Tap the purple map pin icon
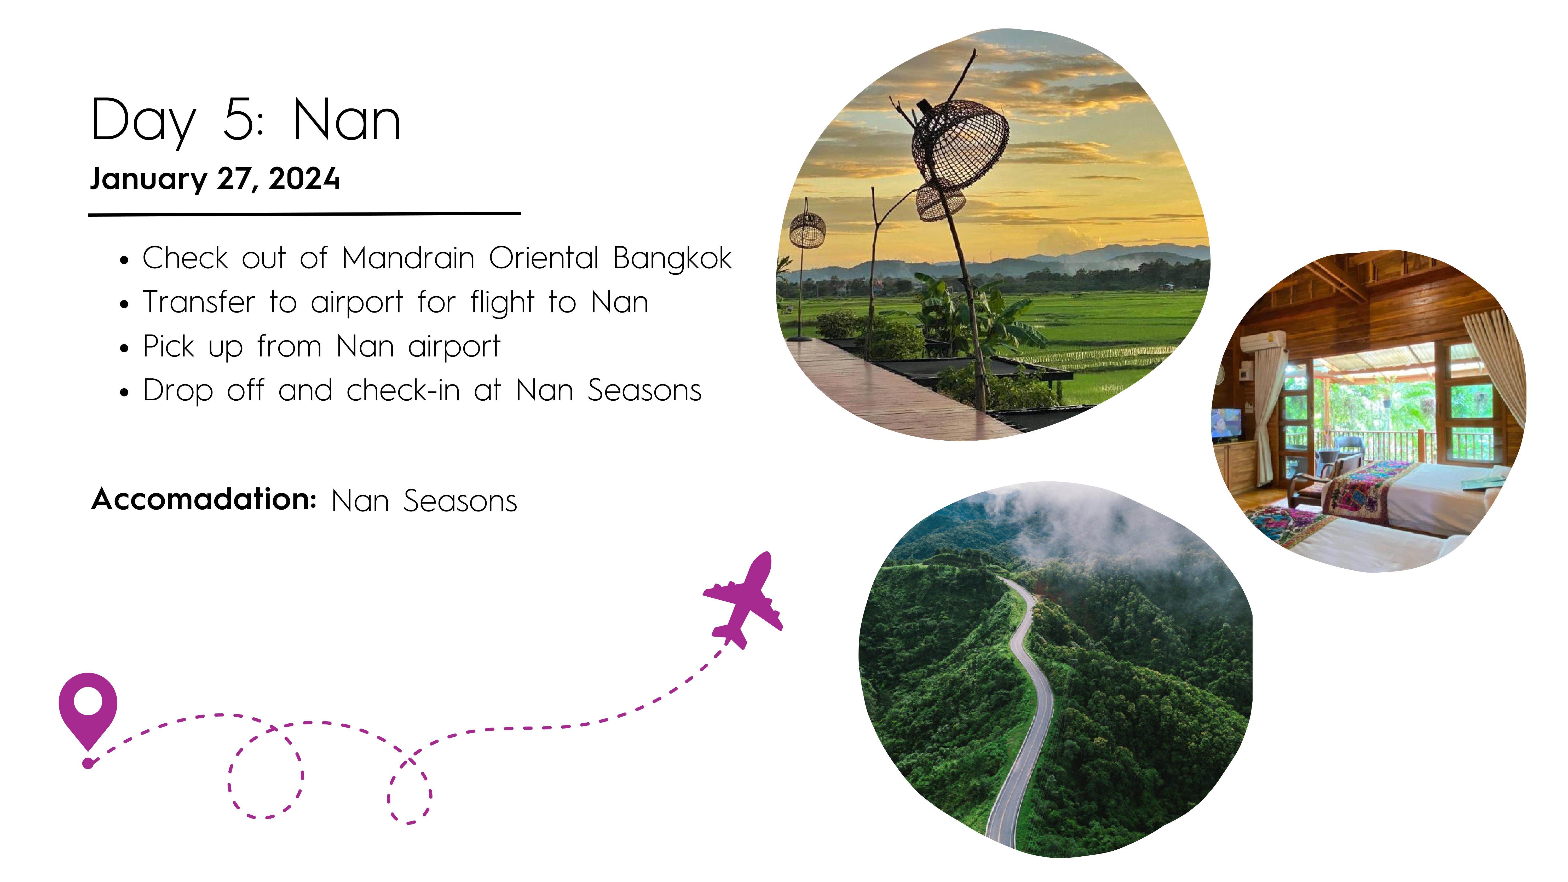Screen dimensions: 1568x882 [x=88, y=709]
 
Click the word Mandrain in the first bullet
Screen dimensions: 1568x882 [x=408, y=258]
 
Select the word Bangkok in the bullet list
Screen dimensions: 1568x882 [x=672, y=258]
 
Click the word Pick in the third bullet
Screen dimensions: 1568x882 [x=169, y=346]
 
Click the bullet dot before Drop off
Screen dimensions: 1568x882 [x=124, y=393]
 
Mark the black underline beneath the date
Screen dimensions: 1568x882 [x=304, y=214]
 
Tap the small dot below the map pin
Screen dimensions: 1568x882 [x=88, y=763]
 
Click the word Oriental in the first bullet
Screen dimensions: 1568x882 [x=544, y=258]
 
